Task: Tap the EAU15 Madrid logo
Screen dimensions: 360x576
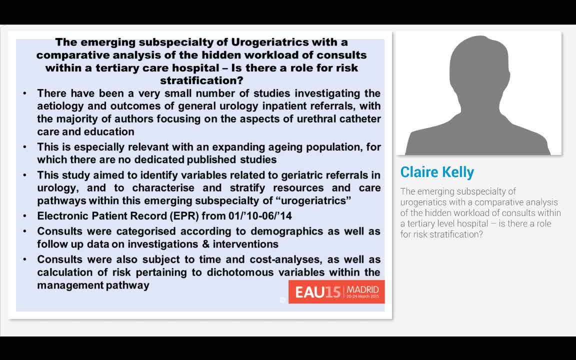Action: point(336,292)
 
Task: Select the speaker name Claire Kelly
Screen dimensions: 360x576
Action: point(437,172)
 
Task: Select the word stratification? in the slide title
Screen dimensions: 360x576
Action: point(201,80)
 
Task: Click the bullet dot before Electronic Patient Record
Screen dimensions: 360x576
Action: point(25,216)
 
